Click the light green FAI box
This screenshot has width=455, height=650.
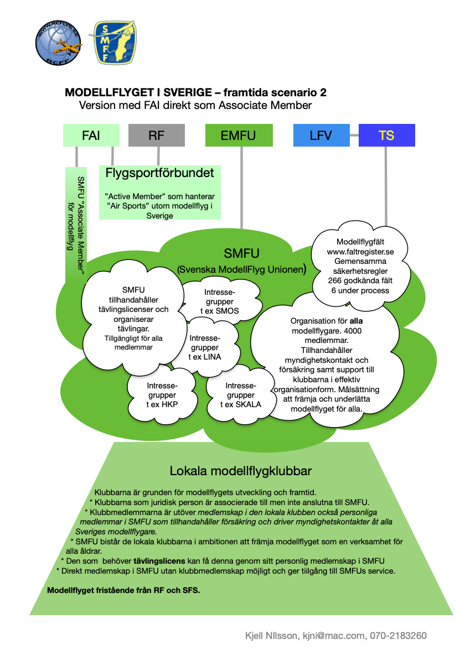click(91, 135)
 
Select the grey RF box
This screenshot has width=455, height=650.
click(156, 135)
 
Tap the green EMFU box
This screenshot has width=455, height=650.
click(239, 135)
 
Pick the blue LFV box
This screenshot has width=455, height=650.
click(322, 135)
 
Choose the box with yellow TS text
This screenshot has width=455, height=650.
click(386, 135)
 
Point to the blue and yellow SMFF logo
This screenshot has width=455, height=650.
click(115, 42)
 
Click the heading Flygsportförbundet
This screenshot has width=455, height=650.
click(159, 173)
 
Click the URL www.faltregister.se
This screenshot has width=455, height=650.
click(360, 252)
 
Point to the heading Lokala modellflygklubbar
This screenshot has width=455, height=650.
click(241, 471)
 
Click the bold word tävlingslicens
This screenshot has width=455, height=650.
click(159, 561)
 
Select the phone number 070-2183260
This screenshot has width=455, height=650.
click(398, 636)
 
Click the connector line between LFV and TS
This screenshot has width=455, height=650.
click(354, 135)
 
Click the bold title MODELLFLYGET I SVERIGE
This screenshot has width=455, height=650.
click(138, 92)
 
